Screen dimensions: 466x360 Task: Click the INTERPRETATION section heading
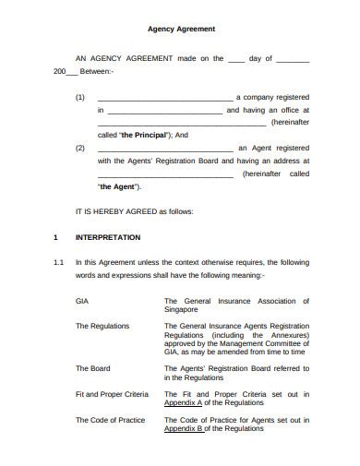click(108, 237)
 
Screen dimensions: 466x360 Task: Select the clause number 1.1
click(57, 262)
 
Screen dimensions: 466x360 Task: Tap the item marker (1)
click(80, 96)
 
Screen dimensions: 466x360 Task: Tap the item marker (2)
click(80, 147)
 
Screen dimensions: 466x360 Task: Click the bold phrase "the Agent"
click(119, 185)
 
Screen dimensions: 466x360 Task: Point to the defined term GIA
click(82, 301)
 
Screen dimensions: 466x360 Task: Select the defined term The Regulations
click(102, 326)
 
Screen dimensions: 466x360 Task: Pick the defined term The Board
click(92, 368)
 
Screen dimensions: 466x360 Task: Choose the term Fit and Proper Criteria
click(111, 394)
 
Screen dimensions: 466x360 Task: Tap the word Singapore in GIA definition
click(184, 310)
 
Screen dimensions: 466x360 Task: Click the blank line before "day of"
click(236, 58)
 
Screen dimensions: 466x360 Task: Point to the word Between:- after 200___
click(95, 71)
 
